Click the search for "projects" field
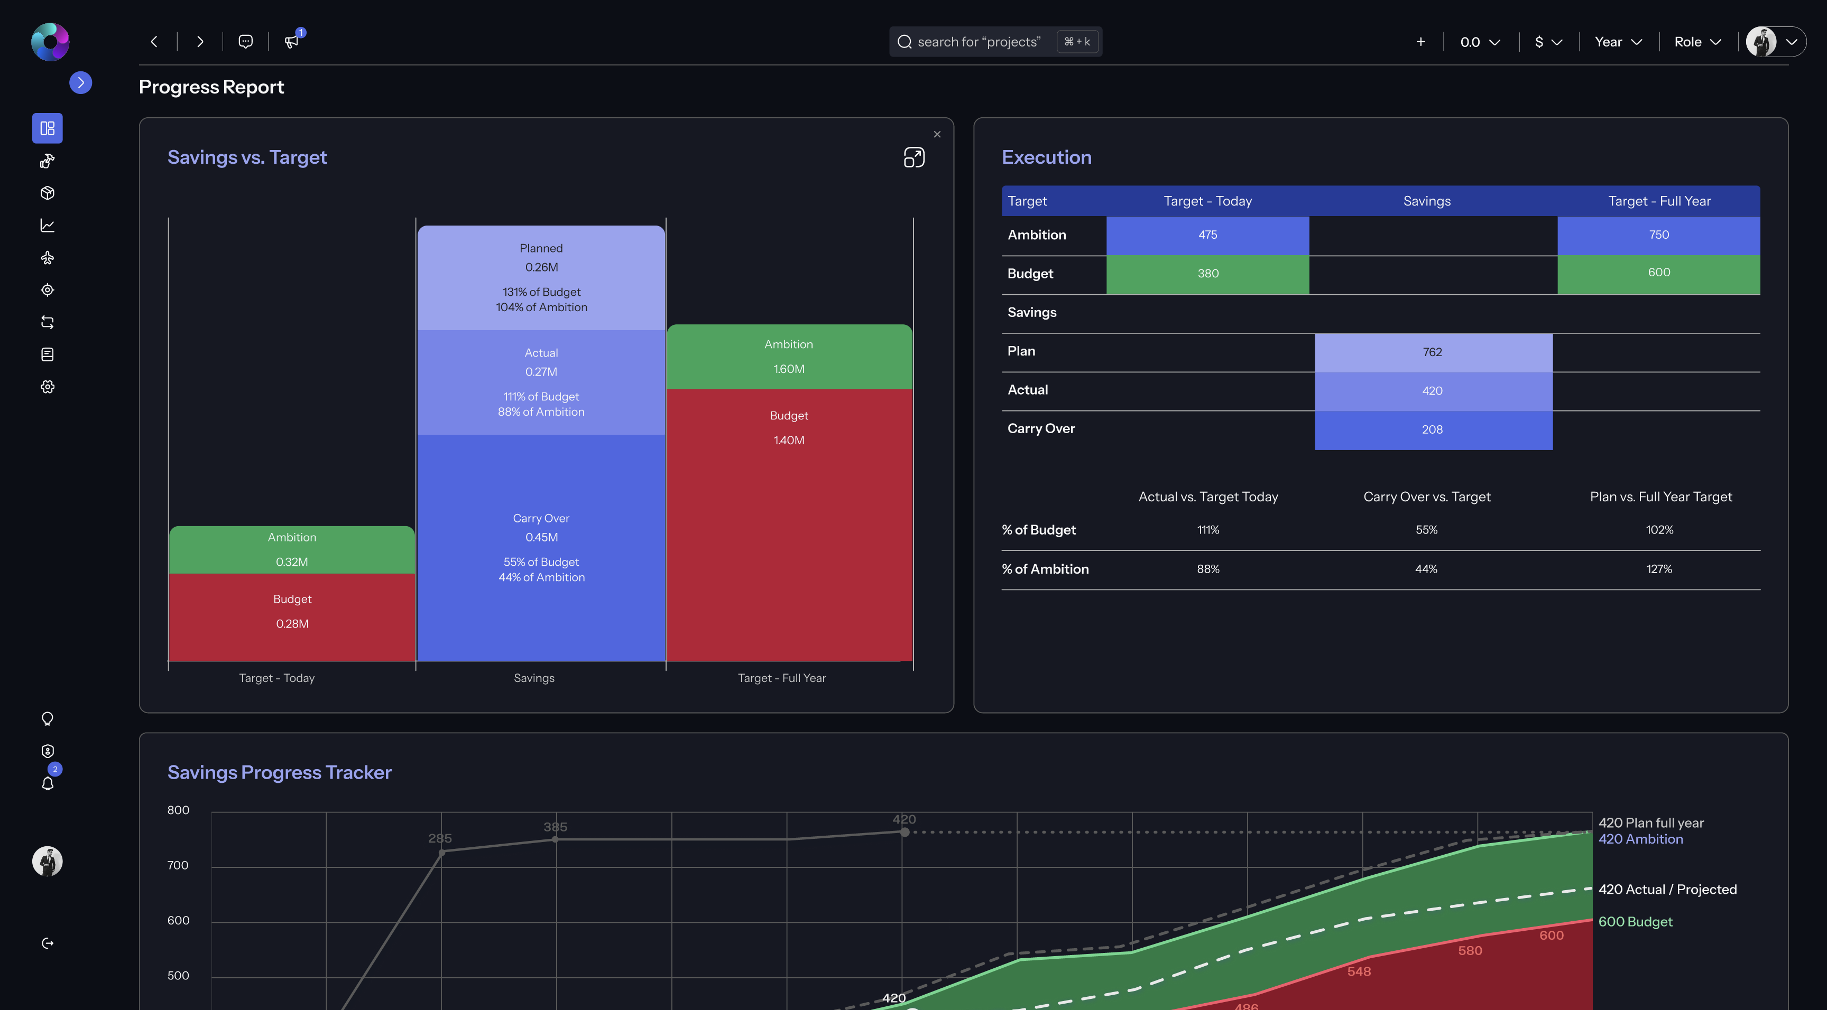tap(979, 42)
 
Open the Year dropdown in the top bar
tap(1618, 42)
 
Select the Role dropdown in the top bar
tap(1697, 42)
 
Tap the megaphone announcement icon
tap(291, 42)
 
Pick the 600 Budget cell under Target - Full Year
tap(1658, 273)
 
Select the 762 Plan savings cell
tap(1433, 352)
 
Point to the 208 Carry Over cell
tap(1433, 429)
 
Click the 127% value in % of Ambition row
tap(1659, 569)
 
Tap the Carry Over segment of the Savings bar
tap(541, 547)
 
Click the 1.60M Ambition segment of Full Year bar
tap(789, 357)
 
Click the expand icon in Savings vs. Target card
tap(914, 157)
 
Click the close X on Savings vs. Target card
tap(937, 135)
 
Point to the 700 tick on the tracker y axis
tap(178, 865)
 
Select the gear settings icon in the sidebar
tap(48, 387)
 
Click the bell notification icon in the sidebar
tap(48, 783)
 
